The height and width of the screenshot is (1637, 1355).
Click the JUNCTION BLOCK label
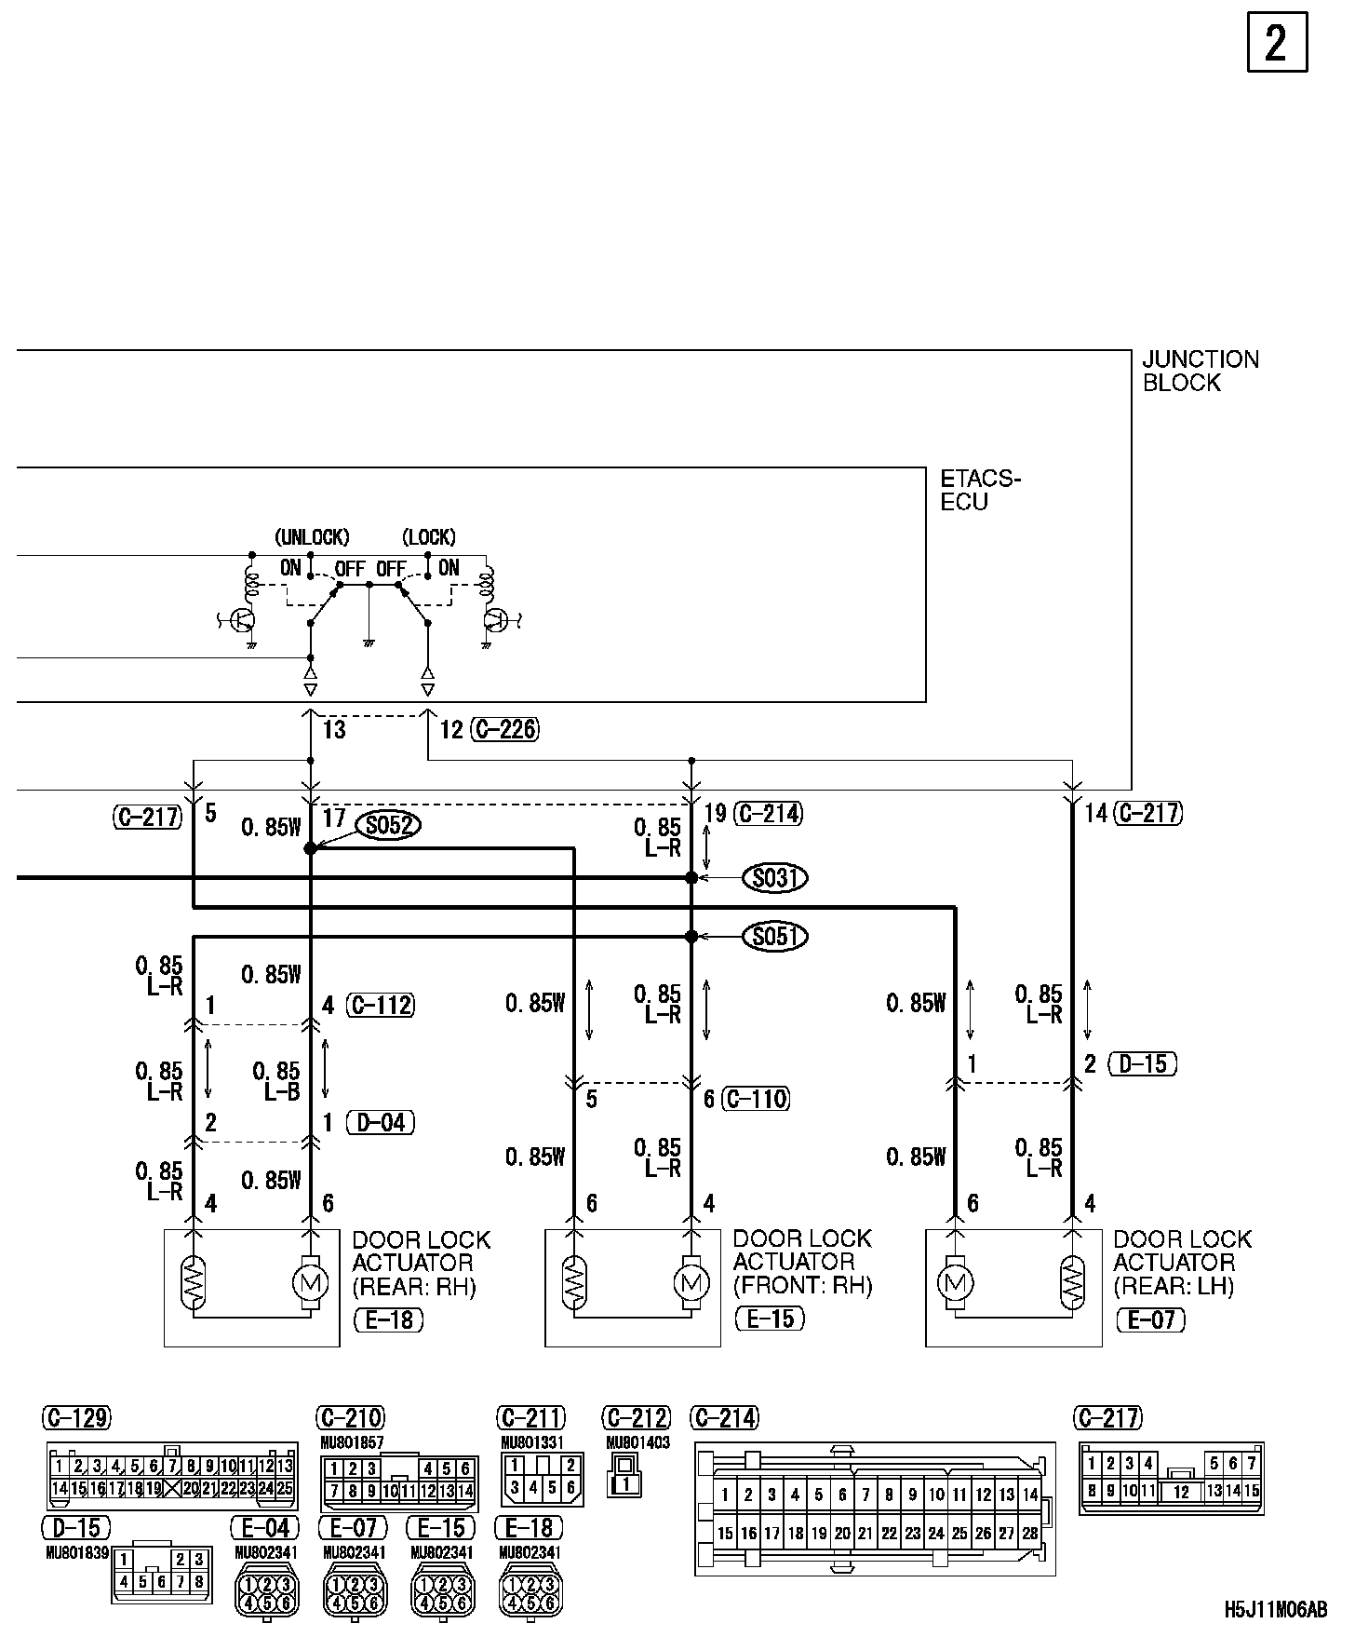(1200, 371)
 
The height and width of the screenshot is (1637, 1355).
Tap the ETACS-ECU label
(980, 490)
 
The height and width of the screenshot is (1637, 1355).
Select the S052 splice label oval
(389, 826)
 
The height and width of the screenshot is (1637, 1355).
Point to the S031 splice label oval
(774, 878)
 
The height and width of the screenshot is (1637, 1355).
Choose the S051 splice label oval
(774, 936)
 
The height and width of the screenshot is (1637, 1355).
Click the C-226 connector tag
(504, 729)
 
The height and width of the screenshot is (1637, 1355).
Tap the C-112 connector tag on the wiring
(380, 1006)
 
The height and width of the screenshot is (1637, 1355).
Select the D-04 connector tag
(380, 1122)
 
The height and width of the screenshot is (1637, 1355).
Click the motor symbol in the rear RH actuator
(309, 1283)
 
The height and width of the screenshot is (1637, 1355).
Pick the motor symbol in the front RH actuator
(690, 1283)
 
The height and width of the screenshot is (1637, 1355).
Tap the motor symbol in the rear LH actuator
(955, 1283)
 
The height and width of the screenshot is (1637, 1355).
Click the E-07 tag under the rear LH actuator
(1151, 1319)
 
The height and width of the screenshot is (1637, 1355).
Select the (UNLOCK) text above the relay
(312, 537)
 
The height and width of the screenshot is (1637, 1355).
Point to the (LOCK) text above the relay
(429, 537)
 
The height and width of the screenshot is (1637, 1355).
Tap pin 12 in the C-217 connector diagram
(1181, 1492)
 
